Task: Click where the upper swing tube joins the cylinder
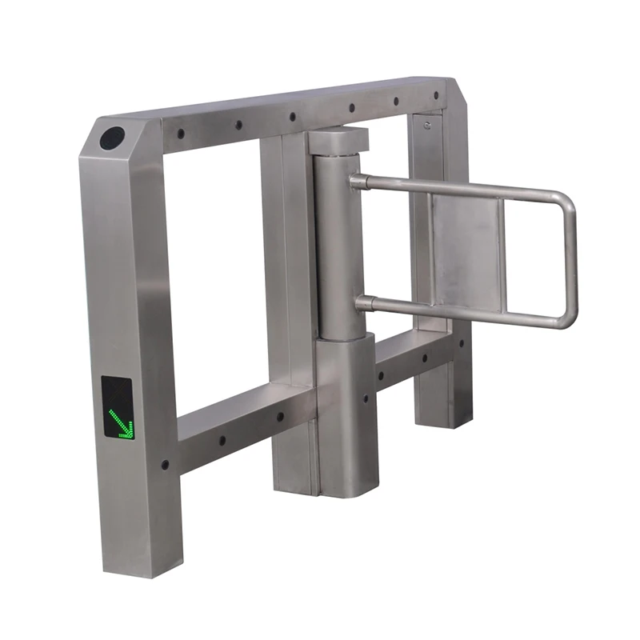click(x=356, y=182)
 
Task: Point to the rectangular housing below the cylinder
click(x=344, y=416)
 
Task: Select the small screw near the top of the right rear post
click(x=427, y=126)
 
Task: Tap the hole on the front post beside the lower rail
click(x=165, y=463)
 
